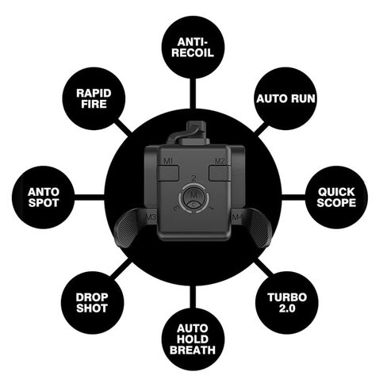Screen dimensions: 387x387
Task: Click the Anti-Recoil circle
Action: [193, 47]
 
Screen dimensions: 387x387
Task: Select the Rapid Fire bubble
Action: [94, 98]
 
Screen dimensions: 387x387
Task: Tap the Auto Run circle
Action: [285, 98]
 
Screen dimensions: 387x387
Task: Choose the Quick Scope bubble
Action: [336, 197]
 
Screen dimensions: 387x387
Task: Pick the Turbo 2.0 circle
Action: [287, 303]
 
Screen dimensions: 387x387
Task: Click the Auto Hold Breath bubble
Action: [193, 339]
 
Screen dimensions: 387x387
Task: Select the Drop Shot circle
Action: [92, 303]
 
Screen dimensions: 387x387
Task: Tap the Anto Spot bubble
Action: [44, 197]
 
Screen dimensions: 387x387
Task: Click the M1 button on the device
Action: [169, 173]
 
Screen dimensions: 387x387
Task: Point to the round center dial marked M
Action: [193, 198]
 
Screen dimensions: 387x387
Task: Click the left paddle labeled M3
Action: [132, 227]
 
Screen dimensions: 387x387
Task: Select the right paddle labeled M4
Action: [254, 227]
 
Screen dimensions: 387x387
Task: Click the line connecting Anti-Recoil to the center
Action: [193, 94]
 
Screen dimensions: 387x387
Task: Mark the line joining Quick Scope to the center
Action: [293, 197]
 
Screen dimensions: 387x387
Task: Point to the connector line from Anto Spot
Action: [90, 197]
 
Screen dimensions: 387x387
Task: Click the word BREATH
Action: [193, 350]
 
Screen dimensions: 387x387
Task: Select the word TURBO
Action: [287, 297]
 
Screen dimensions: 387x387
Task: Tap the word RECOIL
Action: [193, 52]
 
